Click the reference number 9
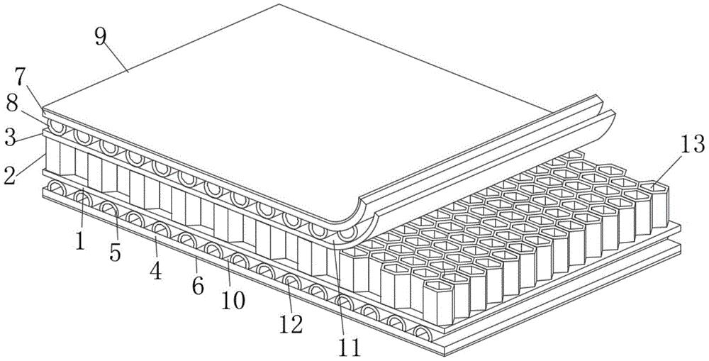(101, 37)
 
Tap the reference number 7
(21, 77)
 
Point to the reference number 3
(10, 138)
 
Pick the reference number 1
(80, 240)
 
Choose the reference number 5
(116, 252)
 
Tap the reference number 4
(156, 270)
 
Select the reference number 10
(233, 300)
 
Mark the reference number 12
(290, 324)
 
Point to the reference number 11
(351, 348)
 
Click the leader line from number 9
(118, 59)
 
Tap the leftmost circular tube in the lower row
(57, 188)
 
